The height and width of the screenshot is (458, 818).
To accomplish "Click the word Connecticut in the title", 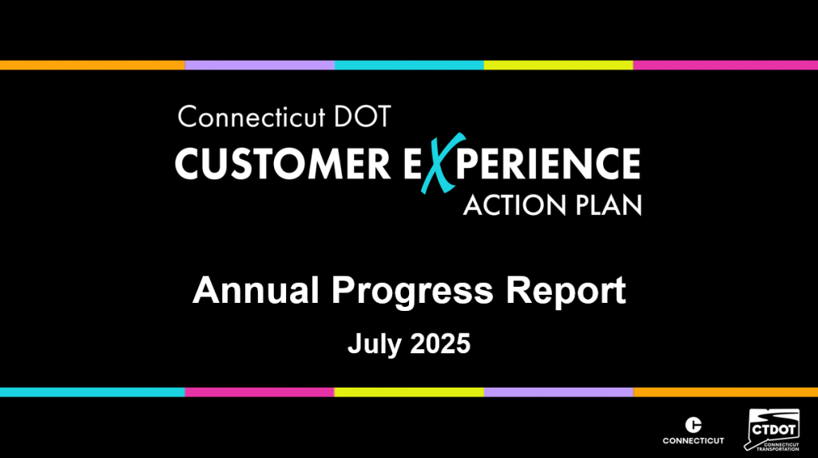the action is pyautogui.click(x=252, y=117).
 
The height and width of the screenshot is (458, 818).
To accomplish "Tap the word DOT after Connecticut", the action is pyautogui.click(x=362, y=117).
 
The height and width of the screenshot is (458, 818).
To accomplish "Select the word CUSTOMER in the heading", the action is pyautogui.click(x=283, y=164).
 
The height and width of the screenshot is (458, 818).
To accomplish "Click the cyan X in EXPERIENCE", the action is pyautogui.click(x=443, y=163).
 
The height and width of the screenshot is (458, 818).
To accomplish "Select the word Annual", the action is pyautogui.click(x=256, y=290).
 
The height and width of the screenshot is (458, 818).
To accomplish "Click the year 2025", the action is pyautogui.click(x=440, y=344).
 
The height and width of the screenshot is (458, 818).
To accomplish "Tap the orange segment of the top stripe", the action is pyautogui.click(x=93, y=66).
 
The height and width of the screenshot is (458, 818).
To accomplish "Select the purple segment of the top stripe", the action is pyautogui.click(x=260, y=66).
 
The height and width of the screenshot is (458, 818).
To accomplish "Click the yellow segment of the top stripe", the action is pyautogui.click(x=558, y=66).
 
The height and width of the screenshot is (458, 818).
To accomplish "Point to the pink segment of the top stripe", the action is pyautogui.click(x=725, y=66).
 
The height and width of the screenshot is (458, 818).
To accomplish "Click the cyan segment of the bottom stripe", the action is pyautogui.click(x=93, y=392).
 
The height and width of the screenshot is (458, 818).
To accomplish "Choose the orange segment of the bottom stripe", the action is pyautogui.click(x=725, y=392).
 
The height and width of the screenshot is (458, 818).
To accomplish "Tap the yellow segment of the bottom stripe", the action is pyautogui.click(x=409, y=392).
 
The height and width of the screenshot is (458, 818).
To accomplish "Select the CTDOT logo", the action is pyautogui.click(x=772, y=430).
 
